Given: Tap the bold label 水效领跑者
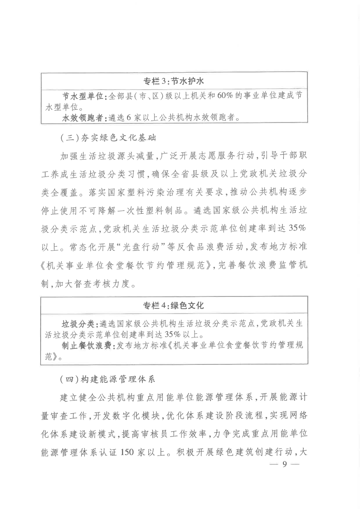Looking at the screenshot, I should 83,117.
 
